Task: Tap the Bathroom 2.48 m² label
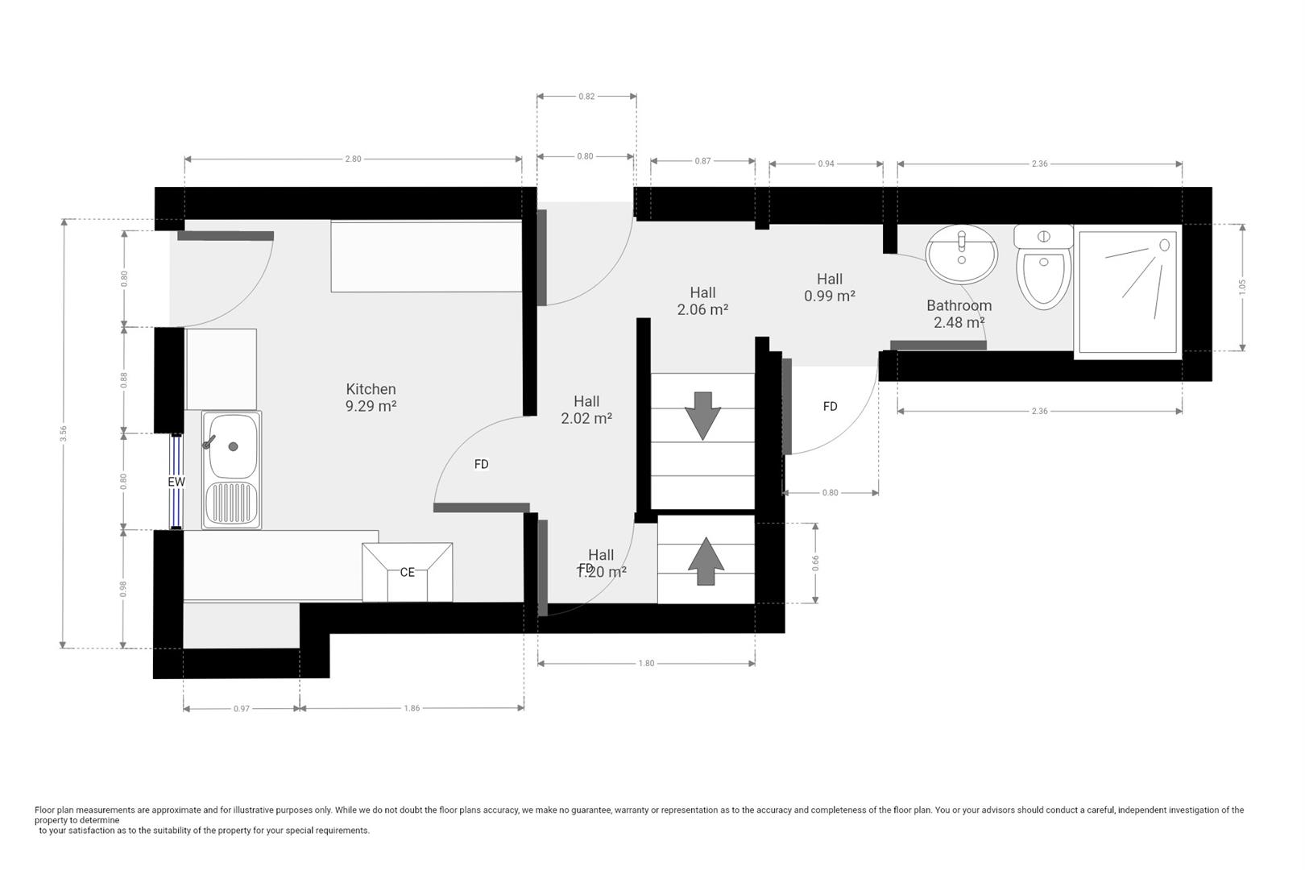point(959,313)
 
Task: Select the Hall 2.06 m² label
point(702,300)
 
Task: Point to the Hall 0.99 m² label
point(829,287)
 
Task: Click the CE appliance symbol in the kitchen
point(407,572)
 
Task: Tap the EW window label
point(176,482)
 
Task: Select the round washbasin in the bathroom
point(961,255)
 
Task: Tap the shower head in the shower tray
point(1164,244)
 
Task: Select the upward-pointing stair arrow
point(706,561)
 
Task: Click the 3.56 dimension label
point(63,433)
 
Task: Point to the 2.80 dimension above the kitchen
point(353,159)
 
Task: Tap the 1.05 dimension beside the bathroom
point(1241,287)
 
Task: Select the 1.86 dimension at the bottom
point(411,708)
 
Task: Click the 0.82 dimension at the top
point(586,96)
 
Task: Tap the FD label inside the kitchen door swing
point(481,464)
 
